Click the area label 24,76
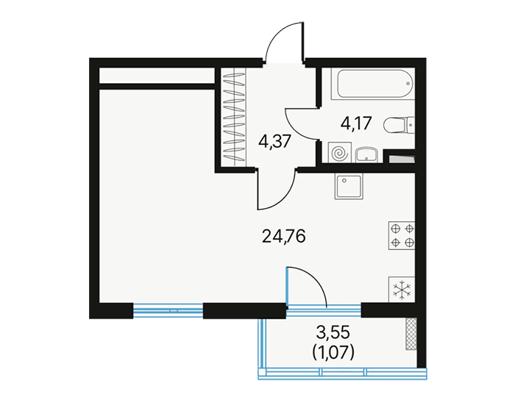284,236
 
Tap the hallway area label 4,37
274,142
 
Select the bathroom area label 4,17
356,124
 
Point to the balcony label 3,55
333,333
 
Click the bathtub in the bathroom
373,84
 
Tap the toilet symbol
399,125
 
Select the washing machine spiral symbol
340,153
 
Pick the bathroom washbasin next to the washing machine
367,155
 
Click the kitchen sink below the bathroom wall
349,186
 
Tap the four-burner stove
402,235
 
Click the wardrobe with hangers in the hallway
234,116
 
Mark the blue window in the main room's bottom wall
168,310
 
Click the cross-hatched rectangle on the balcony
411,333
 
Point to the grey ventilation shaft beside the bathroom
402,159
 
